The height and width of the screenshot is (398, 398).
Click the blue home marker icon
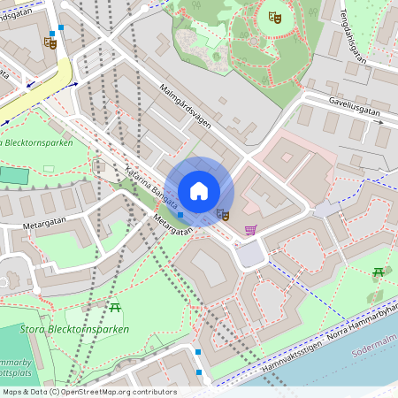click(199, 191)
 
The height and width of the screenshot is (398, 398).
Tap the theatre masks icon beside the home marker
click(223, 215)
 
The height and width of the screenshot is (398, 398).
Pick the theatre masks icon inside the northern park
click(274, 15)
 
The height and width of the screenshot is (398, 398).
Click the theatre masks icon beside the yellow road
click(50, 42)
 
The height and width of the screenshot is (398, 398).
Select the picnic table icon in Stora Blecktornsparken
click(115, 307)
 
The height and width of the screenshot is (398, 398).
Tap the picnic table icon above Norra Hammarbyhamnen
click(378, 272)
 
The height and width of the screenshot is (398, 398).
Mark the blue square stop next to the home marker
click(180, 215)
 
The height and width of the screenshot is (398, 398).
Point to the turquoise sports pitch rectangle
click(11, 174)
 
